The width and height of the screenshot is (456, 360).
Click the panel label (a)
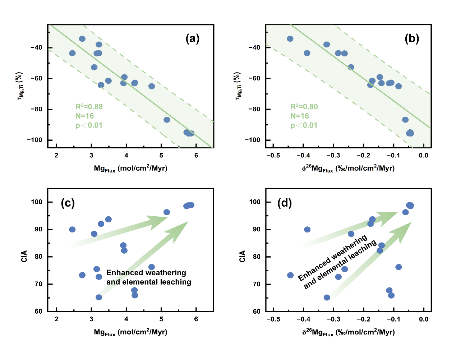(192, 38)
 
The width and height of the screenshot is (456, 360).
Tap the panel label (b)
(412, 38)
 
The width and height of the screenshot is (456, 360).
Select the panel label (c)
(68, 203)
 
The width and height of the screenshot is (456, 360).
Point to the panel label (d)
(285, 203)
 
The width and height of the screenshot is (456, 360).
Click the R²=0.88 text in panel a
(89, 107)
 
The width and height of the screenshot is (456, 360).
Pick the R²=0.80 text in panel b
(304, 107)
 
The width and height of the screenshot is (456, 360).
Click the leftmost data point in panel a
(72, 53)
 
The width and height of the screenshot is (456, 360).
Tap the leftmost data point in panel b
(290, 39)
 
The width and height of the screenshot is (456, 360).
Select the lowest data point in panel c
(99, 297)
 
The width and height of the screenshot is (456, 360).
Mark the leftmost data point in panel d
(290, 275)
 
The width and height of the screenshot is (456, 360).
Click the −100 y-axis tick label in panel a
(34, 140)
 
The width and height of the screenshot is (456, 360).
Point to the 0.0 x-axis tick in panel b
(424, 155)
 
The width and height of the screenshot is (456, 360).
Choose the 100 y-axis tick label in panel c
(37, 202)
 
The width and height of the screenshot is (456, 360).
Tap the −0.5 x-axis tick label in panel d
(273, 319)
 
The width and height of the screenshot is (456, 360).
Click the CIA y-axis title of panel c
(24, 256)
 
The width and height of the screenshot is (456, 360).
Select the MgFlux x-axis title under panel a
(130, 168)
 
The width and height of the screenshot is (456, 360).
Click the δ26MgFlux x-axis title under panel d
(348, 332)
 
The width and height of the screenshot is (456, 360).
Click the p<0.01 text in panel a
(89, 125)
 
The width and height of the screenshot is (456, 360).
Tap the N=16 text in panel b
(300, 116)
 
